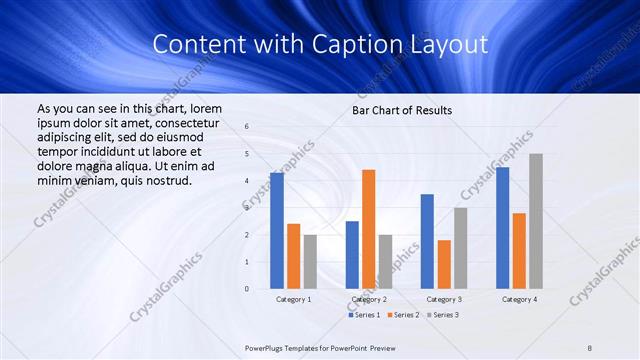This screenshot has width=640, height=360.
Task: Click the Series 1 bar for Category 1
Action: coord(277,231)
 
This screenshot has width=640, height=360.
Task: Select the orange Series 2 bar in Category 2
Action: coord(369,229)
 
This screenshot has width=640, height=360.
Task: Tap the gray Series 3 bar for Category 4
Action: coord(536,221)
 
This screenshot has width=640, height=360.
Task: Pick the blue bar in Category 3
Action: coord(427,241)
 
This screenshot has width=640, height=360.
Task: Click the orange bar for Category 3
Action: coord(444,264)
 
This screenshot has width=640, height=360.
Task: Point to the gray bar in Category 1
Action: coord(310,262)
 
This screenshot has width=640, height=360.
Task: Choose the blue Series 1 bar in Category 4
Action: coord(502,228)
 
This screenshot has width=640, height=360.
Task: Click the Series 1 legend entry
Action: coord(362,315)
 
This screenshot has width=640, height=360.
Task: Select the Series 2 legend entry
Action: coord(402,315)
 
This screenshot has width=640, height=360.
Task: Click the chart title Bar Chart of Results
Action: coord(402,110)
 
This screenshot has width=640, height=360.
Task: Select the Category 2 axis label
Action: coord(369,299)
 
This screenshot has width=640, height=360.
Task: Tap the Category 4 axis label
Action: coord(519,299)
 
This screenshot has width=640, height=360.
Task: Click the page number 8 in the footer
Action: coord(590,347)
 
